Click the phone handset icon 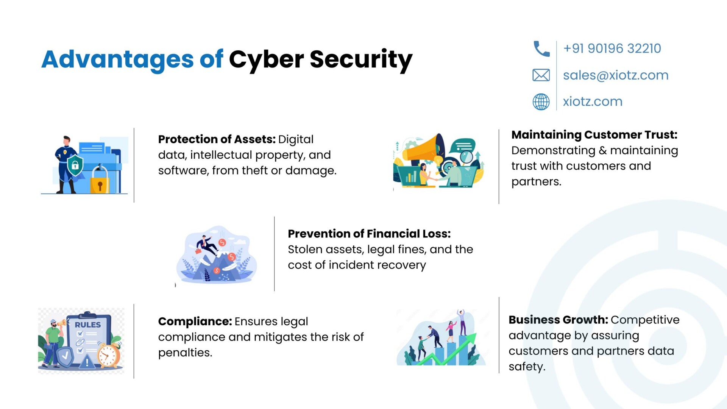541,49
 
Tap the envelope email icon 541,75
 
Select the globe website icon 541,101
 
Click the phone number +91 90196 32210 612,48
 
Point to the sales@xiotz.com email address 616,75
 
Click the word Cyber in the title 266,60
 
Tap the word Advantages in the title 117,60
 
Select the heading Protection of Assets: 217,139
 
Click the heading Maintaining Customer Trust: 594,135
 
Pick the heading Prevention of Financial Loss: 369,234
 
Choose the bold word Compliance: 195,322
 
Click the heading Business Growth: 558,320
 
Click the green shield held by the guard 75,165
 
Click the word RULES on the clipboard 88,325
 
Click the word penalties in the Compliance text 184,353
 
